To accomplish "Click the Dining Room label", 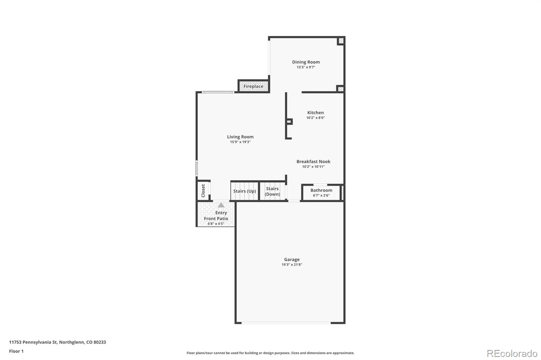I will coord(306,62).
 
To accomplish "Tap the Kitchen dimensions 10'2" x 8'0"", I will coord(315,118).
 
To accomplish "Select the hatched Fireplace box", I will coord(253,86).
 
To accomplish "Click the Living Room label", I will coord(240,137).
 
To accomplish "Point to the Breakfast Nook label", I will coord(313,161).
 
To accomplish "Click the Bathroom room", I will coord(321,192).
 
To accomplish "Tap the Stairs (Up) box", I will coord(244,191).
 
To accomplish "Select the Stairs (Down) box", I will coord(272,191).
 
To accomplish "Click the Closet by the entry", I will coord(203,191).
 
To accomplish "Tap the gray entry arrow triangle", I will coord(221,205).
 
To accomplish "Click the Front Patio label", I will coord(216,218).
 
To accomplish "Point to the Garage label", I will coord(291,259).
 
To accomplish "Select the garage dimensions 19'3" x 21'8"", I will coord(291,265).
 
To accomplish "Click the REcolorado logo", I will coord(512,353).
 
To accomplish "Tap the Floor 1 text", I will coord(16,351).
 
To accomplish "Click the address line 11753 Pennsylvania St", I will coord(57,342).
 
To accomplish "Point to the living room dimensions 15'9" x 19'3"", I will coord(240,142).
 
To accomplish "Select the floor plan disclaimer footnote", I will coord(270,353).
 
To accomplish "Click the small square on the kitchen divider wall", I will coord(289,121).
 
